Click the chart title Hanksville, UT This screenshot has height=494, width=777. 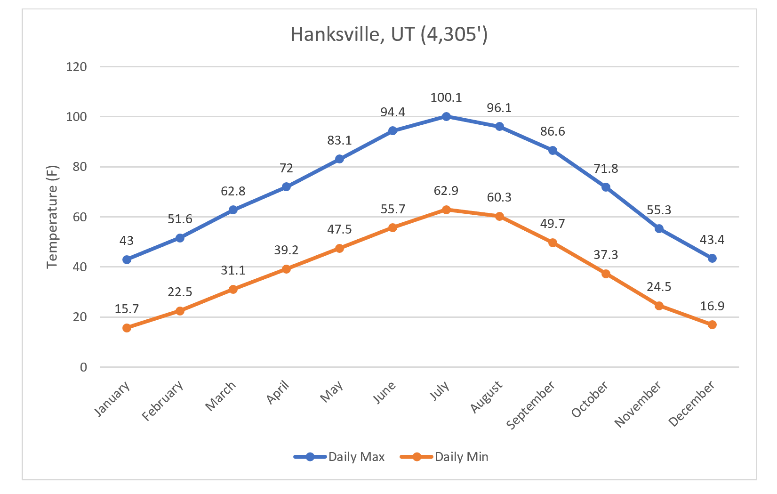pos(389,34)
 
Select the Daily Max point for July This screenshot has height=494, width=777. pos(446,116)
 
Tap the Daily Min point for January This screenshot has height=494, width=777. pos(127,328)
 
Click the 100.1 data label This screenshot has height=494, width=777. pos(446,97)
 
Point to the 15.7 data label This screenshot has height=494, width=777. pos(127,309)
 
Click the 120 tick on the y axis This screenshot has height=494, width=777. pos(77,67)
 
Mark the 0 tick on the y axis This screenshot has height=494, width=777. pos(83,367)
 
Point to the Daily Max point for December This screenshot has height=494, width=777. pos(712,258)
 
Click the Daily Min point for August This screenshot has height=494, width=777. pos(499,216)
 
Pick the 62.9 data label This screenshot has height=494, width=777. pos(446,191)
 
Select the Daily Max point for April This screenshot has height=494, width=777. pos(286,186)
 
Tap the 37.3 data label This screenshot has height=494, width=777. pos(606,255)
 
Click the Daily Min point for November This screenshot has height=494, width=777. pos(659,306)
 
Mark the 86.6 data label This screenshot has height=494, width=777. pos(553,131)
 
